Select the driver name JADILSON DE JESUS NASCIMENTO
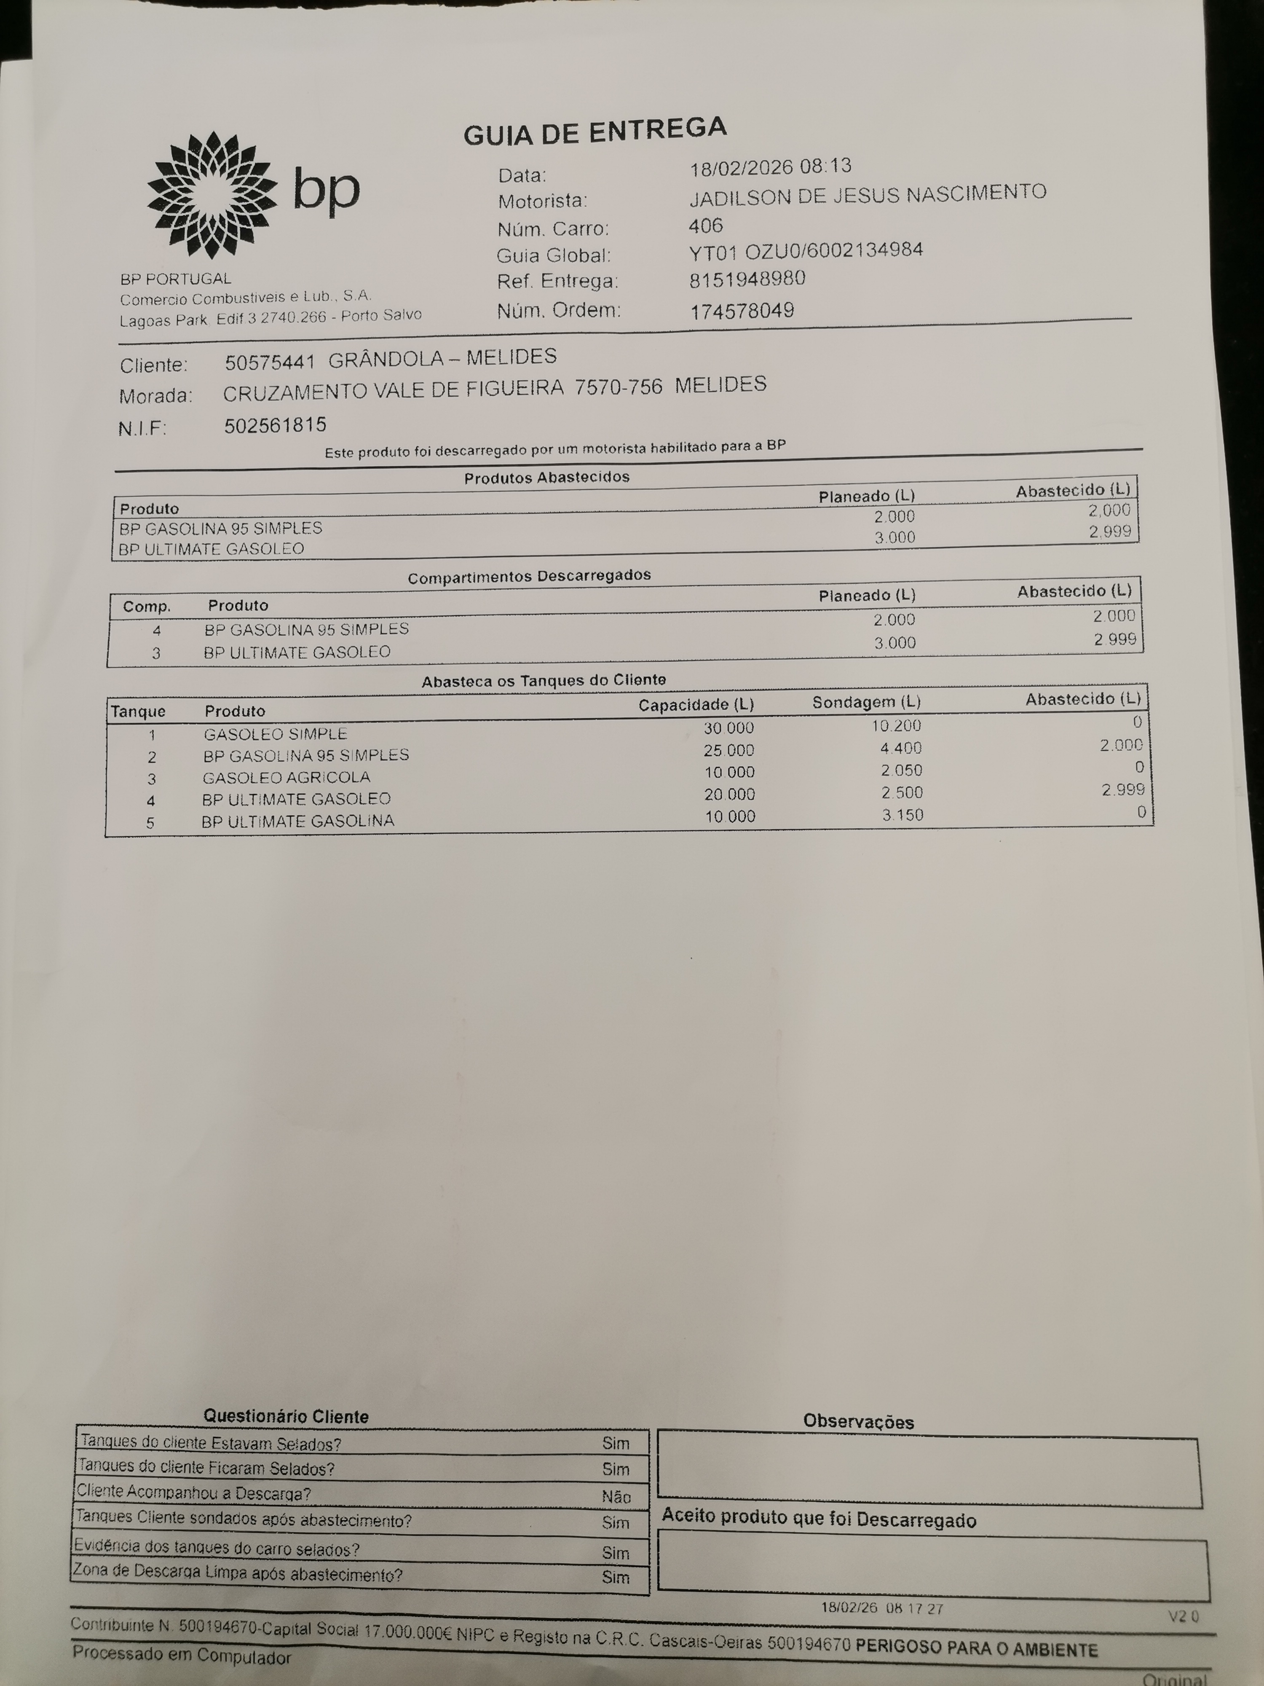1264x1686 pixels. click(867, 195)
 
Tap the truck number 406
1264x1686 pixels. click(706, 226)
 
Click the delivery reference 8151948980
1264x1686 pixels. click(747, 280)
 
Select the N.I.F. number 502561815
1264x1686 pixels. click(275, 425)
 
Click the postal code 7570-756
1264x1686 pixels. click(618, 388)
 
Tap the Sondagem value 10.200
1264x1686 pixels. click(896, 726)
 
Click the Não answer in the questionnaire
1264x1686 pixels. click(616, 1496)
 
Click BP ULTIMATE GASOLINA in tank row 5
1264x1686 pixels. click(298, 822)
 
